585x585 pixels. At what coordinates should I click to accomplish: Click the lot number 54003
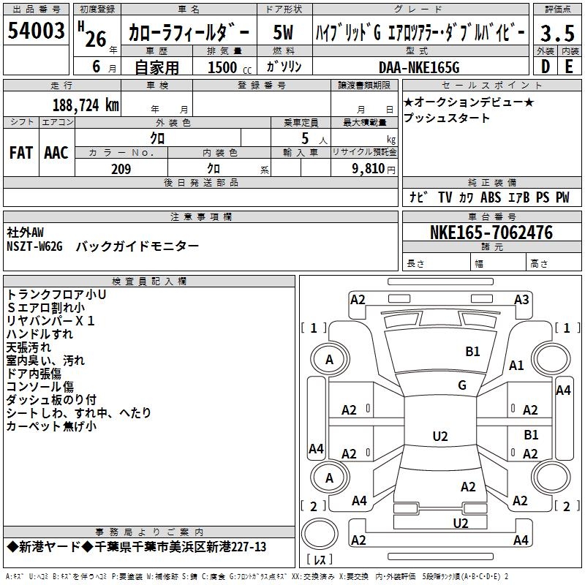tap(36, 30)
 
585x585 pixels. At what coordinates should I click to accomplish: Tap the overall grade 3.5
tap(557, 33)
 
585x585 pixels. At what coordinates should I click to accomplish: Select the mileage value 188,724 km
tap(86, 105)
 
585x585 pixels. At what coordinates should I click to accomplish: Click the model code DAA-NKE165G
tap(419, 67)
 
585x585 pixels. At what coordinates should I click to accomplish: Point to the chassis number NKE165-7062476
tap(491, 233)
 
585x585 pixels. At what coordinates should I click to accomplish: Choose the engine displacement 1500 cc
tap(230, 67)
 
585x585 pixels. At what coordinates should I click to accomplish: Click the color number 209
tap(121, 169)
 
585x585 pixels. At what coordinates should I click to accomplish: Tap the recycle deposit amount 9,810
tap(369, 168)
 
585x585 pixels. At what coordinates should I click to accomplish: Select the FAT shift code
tap(21, 153)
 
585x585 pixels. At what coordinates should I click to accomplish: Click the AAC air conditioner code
tap(56, 153)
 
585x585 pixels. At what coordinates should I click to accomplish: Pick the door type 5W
tap(283, 32)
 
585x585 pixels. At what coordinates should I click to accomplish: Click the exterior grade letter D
tap(546, 67)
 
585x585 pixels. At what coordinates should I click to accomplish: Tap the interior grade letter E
tap(569, 67)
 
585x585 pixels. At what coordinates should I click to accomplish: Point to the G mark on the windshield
tap(462, 385)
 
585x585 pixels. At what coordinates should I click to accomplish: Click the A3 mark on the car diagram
tap(521, 300)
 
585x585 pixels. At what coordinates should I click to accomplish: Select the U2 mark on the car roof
tap(440, 436)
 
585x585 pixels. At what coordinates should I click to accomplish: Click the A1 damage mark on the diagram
tap(516, 366)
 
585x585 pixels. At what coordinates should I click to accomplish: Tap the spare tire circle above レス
tap(320, 533)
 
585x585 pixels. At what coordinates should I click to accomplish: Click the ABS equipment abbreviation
tap(490, 197)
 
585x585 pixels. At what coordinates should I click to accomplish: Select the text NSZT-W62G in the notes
tap(34, 246)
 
